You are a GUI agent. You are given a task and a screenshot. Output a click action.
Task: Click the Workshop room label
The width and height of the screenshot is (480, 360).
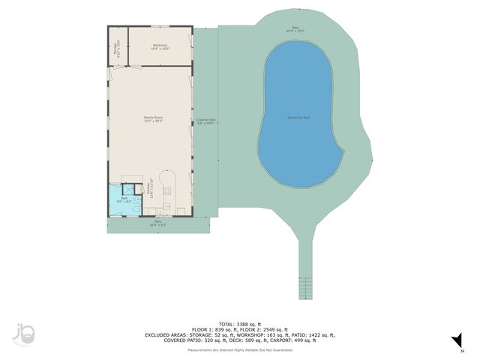160,46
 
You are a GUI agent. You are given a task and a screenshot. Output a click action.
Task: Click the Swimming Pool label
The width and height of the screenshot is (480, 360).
300,118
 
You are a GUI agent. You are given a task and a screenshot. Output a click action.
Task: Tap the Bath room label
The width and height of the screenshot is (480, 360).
124,199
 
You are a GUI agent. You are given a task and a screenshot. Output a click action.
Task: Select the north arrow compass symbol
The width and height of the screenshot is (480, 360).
455,343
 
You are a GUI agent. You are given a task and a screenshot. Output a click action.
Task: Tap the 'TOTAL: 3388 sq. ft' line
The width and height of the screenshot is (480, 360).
240,323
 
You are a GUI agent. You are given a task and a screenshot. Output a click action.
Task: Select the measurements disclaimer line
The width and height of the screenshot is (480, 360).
240,350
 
